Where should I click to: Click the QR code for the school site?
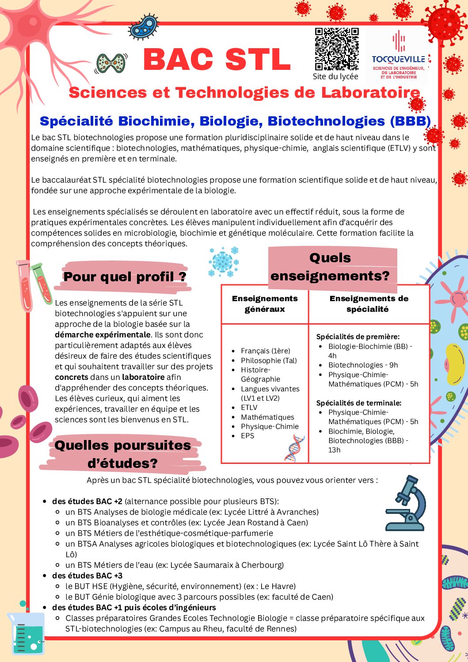[x=336, y=49]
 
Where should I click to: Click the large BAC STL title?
[x=217, y=60]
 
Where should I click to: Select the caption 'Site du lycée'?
[x=335, y=77]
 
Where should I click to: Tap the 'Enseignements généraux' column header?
[x=265, y=304]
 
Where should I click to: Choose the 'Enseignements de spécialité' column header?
[x=369, y=304]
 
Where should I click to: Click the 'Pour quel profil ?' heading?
[x=125, y=277]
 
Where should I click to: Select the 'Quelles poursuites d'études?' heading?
[x=123, y=454]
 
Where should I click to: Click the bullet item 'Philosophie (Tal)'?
[x=269, y=360]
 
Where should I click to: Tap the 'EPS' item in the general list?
[x=247, y=436]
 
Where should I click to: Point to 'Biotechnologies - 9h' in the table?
[x=363, y=365]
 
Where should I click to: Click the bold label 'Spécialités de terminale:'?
[x=359, y=403]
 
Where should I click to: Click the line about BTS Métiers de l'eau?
[x=175, y=565]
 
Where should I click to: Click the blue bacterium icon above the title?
[x=142, y=27]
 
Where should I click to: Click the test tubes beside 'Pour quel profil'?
[x=34, y=284]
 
